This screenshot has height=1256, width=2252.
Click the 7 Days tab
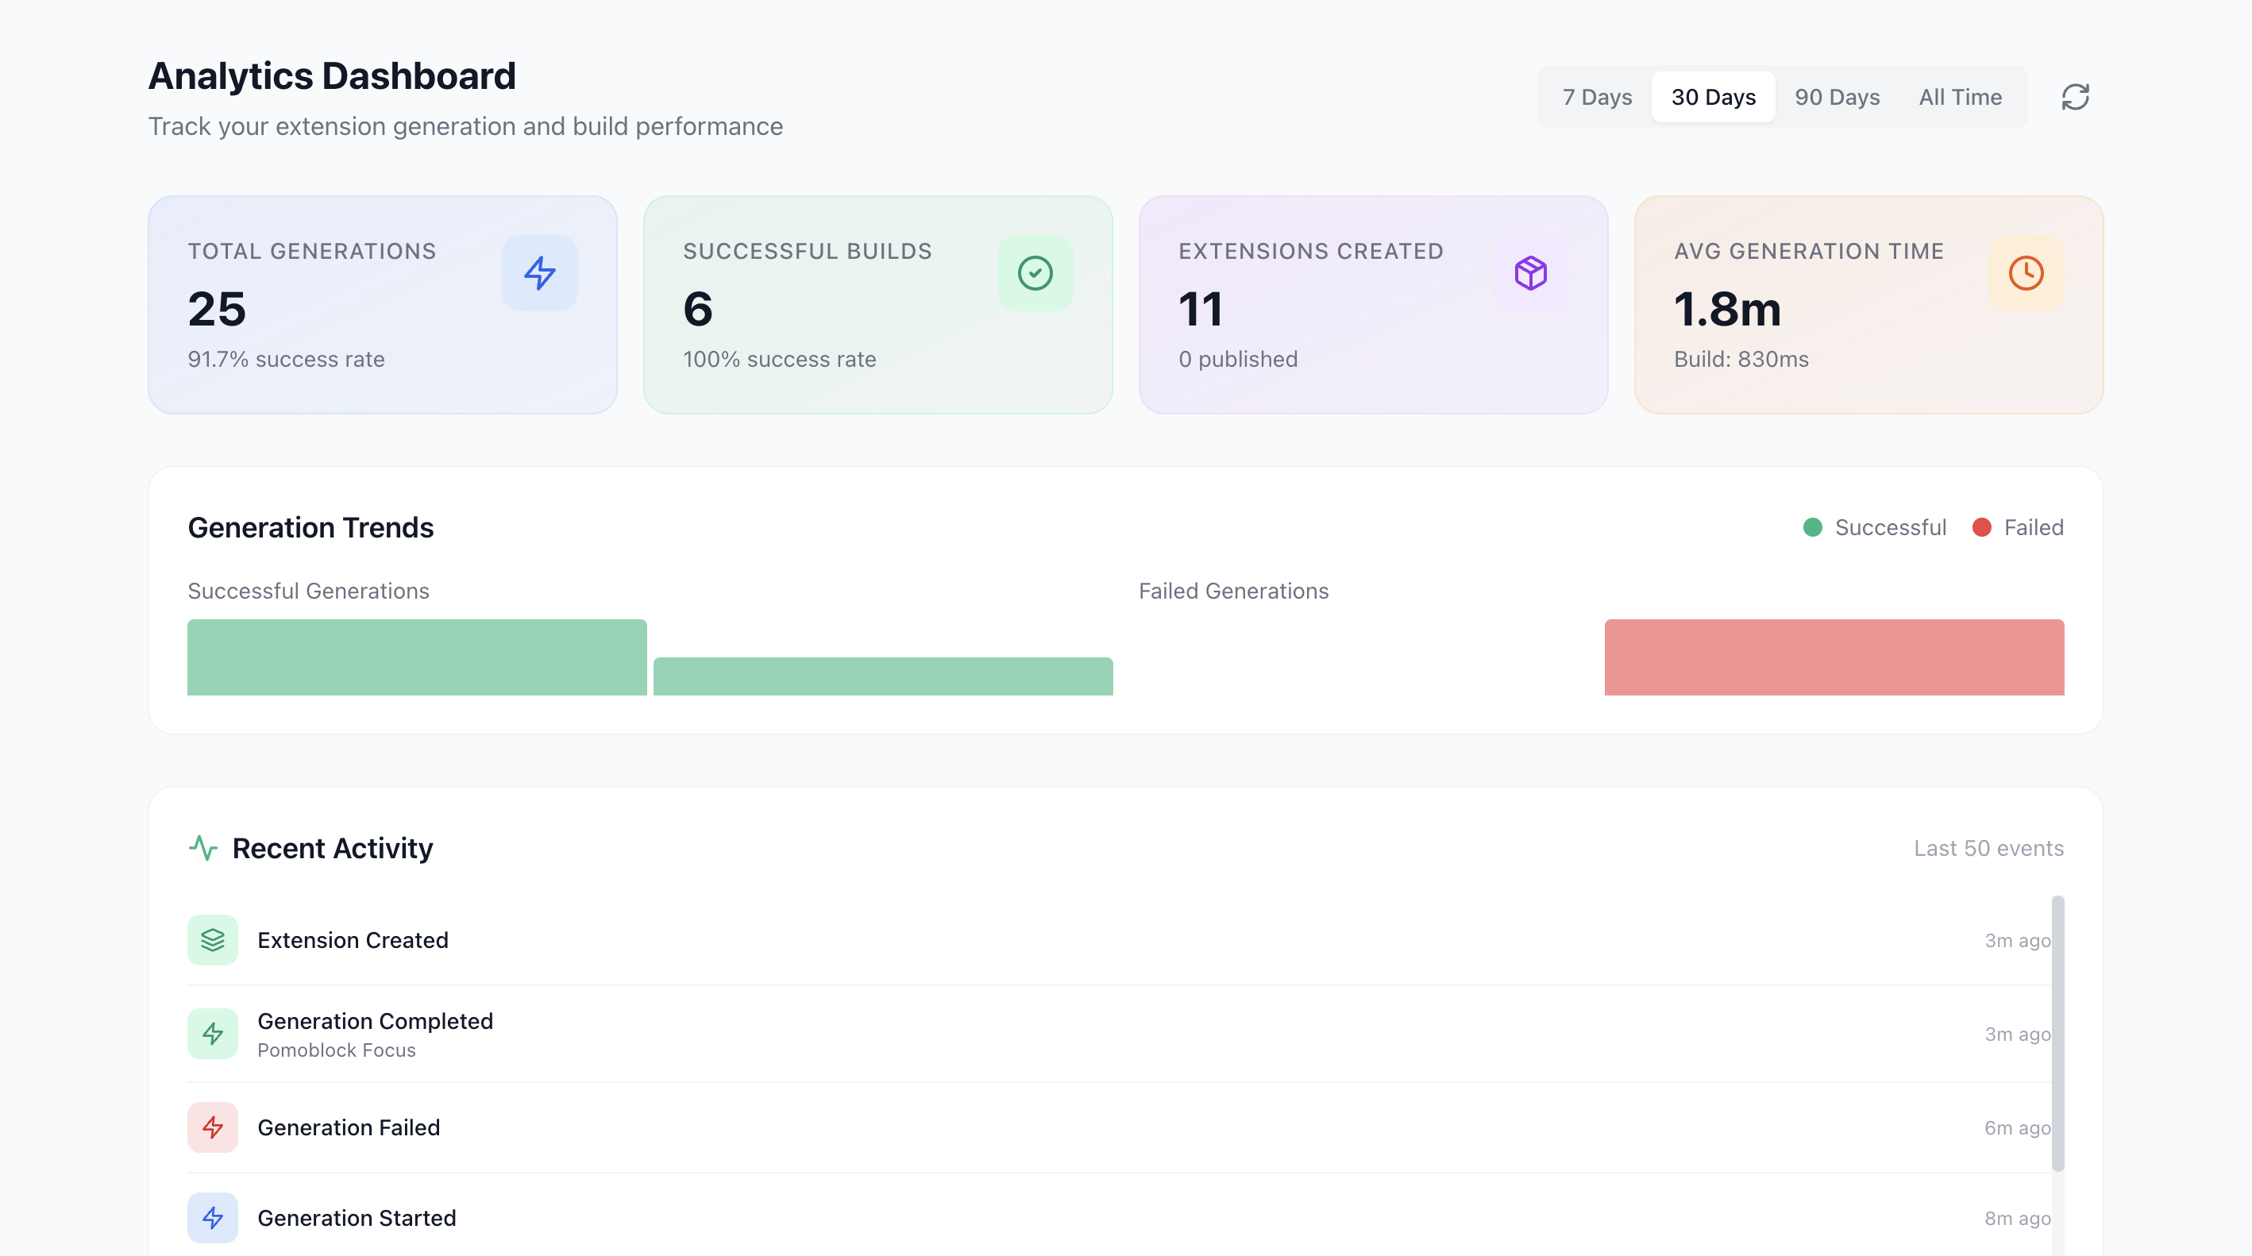[1596, 97]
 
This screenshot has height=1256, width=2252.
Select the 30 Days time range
[1713, 97]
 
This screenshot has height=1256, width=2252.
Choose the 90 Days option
[1837, 97]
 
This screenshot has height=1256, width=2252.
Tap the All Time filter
[1959, 97]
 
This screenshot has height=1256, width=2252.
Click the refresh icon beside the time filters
[2075, 97]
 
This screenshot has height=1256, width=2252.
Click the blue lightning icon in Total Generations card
[539, 272]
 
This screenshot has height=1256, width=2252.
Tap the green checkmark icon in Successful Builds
[1035, 272]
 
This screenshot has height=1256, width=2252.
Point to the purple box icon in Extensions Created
[1530, 272]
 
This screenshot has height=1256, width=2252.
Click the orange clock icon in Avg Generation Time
[2026, 272]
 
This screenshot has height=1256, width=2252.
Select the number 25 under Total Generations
[217, 310]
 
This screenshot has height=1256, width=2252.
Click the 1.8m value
[1726, 310]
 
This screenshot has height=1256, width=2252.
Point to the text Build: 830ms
[1741, 359]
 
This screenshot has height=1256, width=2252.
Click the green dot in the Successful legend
[1812, 527]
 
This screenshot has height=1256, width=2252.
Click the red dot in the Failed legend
[1981, 527]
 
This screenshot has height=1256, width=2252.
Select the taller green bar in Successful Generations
[417, 657]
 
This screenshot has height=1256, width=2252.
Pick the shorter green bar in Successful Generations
[883, 676]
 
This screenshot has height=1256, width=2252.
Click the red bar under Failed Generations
[1834, 657]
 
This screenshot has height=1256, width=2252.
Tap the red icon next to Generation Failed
[213, 1127]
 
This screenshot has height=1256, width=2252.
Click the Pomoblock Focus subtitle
[337, 1050]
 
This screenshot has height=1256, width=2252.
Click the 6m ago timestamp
[2016, 1127]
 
